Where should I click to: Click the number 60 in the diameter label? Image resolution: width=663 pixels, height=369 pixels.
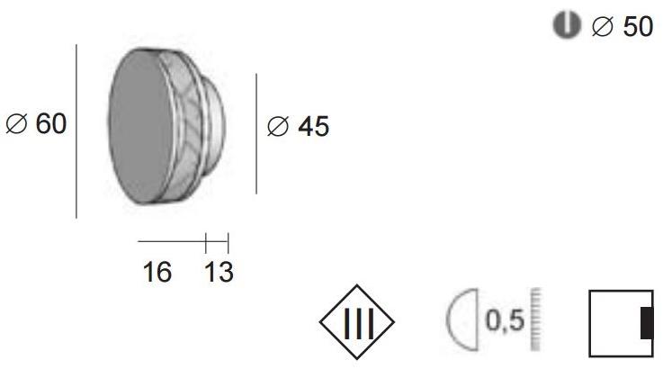(51, 124)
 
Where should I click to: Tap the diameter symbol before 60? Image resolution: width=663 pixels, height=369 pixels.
(16, 125)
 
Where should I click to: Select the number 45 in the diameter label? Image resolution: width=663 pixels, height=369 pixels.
(313, 128)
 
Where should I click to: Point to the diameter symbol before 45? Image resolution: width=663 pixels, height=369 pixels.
(278, 128)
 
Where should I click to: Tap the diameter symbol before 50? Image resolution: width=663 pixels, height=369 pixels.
(601, 28)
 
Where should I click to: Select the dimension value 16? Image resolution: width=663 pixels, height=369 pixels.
(157, 272)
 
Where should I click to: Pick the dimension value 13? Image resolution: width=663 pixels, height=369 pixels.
(218, 272)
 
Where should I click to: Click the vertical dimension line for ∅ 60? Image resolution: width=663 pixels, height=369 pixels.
(76, 130)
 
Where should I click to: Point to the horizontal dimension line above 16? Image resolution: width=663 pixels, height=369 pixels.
(172, 241)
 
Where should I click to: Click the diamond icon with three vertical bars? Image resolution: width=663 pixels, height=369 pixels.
(357, 321)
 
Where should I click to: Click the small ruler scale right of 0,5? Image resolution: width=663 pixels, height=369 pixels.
(538, 321)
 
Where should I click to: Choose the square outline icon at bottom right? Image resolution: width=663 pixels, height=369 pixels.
(619, 322)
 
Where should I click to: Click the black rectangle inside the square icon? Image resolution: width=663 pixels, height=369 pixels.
(646, 322)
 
